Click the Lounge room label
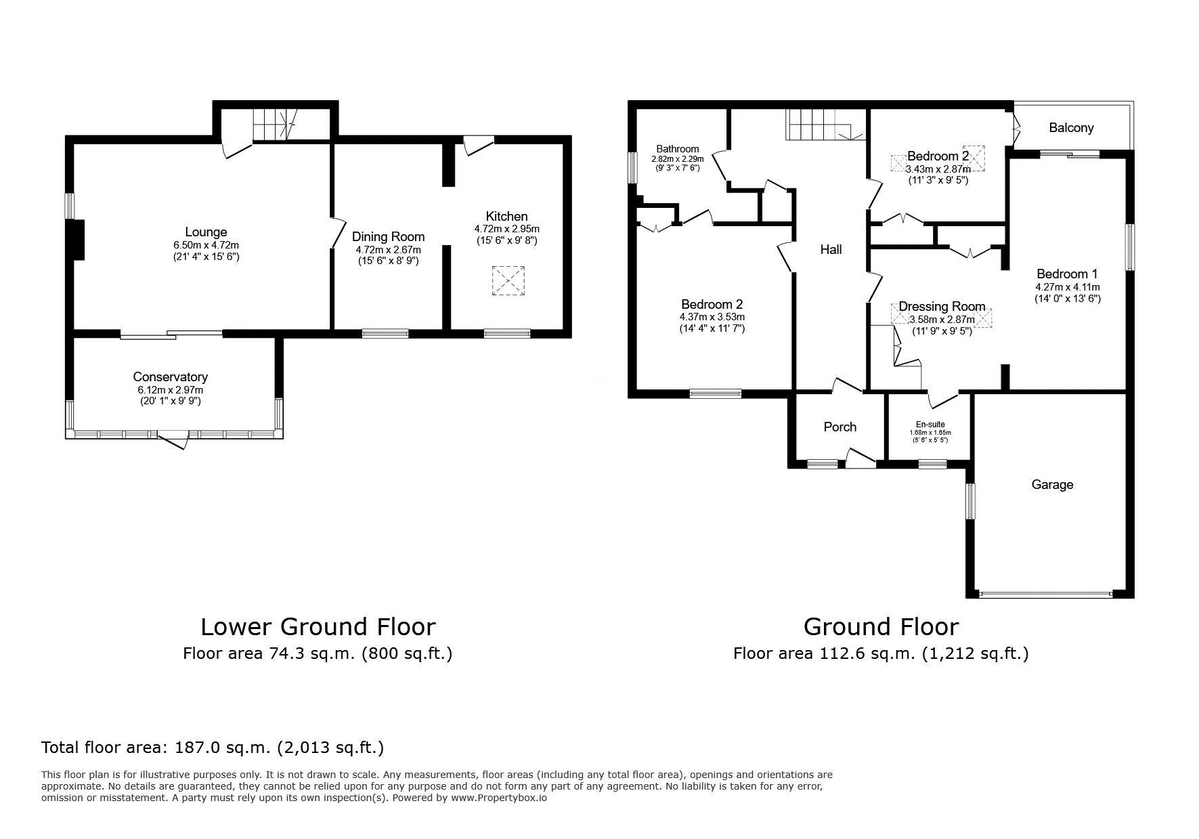(206, 232)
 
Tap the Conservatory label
(170, 377)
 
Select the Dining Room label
(388, 236)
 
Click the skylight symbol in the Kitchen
(508, 280)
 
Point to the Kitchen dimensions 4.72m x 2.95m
(507, 229)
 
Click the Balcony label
(1071, 128)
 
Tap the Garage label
(1052, 484)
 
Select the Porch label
(840, 427)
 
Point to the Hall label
(831, 249)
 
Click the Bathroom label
(677, 149)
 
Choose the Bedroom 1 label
(1067, 274)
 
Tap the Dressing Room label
(942, 307)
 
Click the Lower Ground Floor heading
(318, 627)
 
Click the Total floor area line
(213, 748)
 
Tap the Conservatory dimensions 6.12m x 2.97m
(170, 390)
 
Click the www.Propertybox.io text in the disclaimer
(499, 798)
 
